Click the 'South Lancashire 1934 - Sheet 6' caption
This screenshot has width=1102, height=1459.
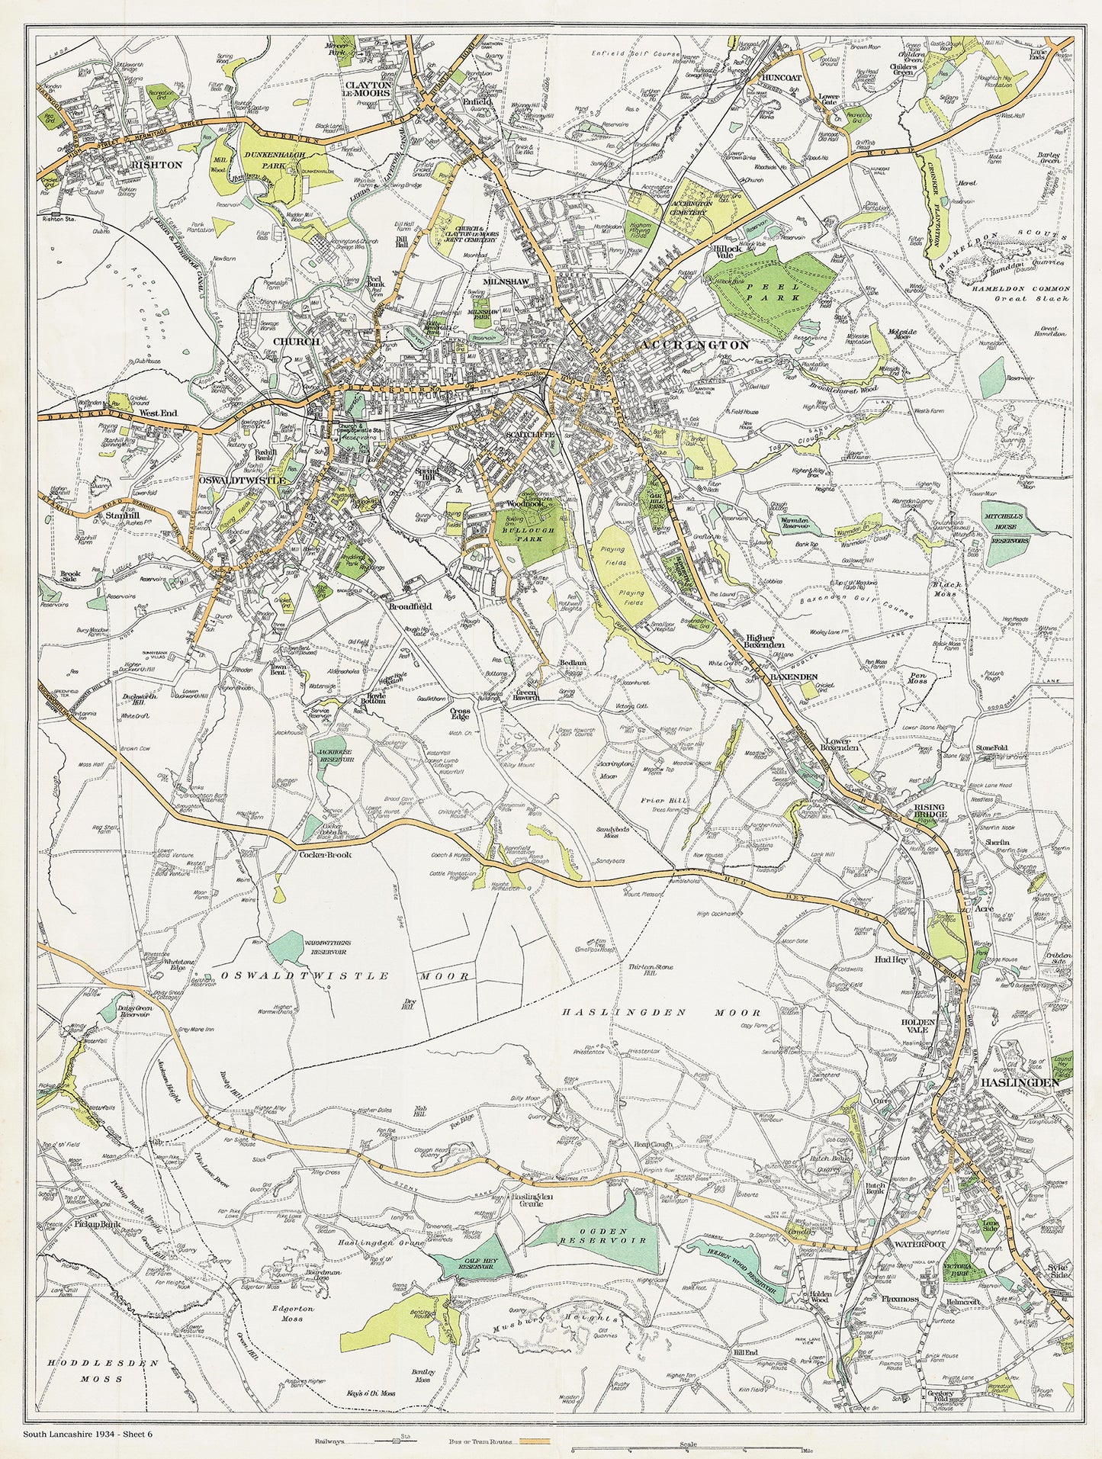tap(88, 1433)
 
